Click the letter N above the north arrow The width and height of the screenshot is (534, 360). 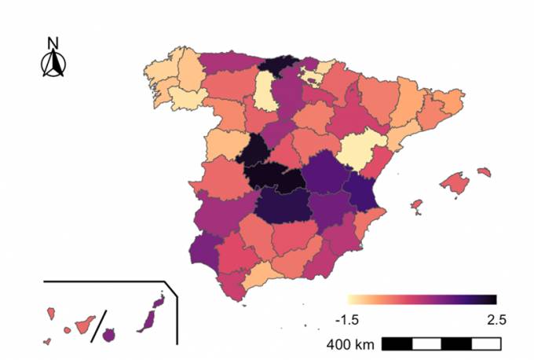click(53, 43)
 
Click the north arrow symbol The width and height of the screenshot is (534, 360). click(53, 64)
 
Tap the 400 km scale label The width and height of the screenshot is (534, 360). click(349, 344)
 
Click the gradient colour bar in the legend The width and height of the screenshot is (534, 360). click(422, 299)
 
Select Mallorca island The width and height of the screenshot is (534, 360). click(455, 183)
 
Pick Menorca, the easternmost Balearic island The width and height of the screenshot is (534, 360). click(484, 171)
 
